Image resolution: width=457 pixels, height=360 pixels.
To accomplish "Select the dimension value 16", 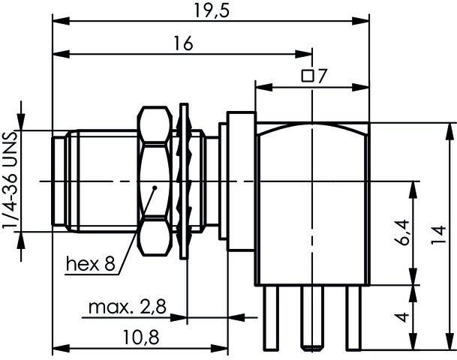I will coord(180,44).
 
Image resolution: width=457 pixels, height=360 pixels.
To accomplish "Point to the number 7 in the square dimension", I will coord(322,75).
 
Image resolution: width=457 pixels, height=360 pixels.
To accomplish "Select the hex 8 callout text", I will coord(91,263).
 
